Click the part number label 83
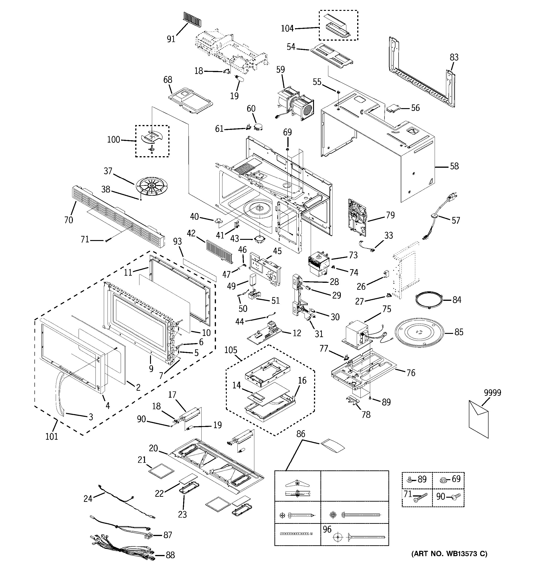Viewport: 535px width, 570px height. pyautogui.click(x=454, y=57)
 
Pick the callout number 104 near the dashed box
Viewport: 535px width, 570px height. pyautogui.click(x=287, y=28)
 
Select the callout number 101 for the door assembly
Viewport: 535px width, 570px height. pyautogui.click(x=52, y=436)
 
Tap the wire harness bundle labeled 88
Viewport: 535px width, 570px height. pyautogui.click(x=123, y=551)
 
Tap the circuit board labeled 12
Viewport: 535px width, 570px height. pyautogui.click(x=265, y=334)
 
